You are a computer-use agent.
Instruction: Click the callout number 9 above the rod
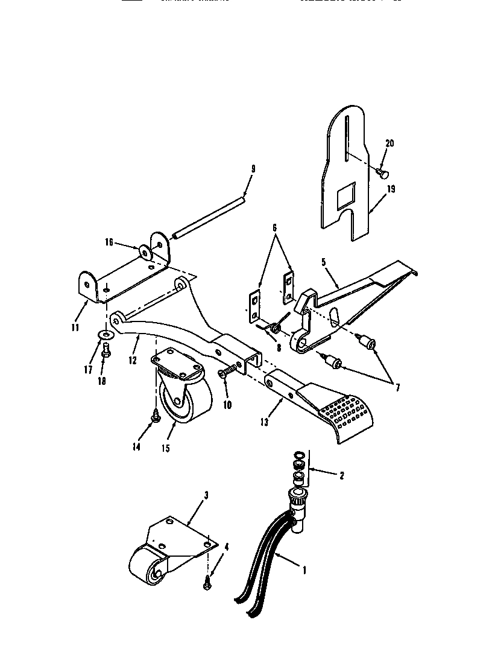[253, 169]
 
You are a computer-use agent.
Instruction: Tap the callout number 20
[389, 143]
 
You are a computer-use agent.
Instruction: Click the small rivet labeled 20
[381, 173]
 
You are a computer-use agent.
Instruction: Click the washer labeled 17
[106, 334]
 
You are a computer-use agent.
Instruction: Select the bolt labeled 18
[106, 347]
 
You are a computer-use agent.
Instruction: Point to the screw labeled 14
[155, 416]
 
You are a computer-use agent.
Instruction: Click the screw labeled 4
[208, 581]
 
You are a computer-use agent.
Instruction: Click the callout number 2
[342, 476]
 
